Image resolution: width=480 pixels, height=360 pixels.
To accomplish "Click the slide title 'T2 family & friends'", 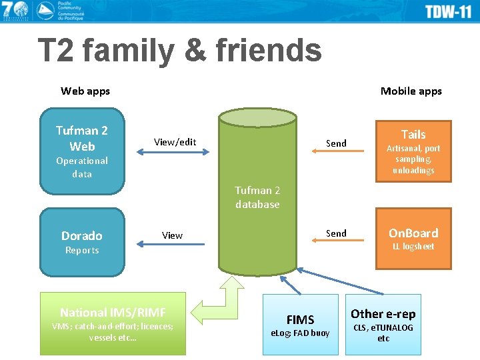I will coord(179,52).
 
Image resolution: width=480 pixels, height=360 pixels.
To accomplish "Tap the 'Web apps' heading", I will coord(85,91).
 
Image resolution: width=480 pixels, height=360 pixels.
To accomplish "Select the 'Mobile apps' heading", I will coord(411,91).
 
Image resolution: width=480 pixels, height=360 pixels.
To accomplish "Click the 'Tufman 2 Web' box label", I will coord(82,138).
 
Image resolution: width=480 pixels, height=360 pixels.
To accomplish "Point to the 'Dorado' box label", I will coord(82,235).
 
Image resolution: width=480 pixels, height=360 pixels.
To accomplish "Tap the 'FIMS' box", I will coord(300,324).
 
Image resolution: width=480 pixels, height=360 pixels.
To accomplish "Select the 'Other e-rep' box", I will coord(383,324).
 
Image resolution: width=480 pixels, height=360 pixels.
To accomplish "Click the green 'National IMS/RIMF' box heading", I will coord(113,312).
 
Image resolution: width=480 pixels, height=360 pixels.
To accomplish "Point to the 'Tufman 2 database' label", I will coord(257,197).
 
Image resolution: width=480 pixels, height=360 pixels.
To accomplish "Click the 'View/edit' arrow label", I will coord(175,141).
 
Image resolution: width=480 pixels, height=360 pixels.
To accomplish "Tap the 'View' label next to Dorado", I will coord(172,235).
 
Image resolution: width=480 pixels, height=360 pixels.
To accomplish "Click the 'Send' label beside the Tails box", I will coord(336,143).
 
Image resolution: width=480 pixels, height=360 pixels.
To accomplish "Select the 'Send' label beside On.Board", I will coord(336,233).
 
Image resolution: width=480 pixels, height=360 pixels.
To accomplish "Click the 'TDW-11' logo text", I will coord(448,11).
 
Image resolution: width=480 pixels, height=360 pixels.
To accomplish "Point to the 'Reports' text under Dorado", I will coord(82,250).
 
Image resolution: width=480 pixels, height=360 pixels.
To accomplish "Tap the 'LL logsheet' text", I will coord(413,246).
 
